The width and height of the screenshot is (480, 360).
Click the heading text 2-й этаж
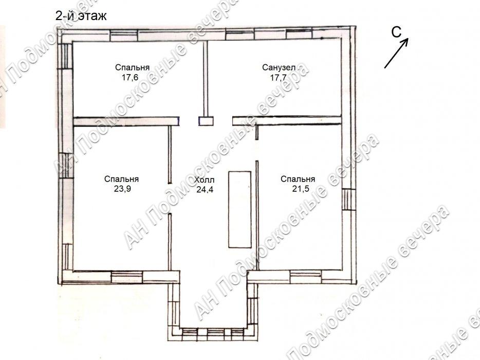(x=81, y=15)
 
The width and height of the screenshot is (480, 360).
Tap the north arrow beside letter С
(x=396, y=53)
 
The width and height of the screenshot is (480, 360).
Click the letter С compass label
(x=397, y=32)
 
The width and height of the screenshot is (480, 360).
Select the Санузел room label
(x=279, y=67)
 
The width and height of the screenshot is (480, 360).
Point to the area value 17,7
(x=278, y=78)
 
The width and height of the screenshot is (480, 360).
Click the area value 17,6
(x=130, y=78)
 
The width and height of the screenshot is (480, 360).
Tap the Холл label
(x=204, y=179)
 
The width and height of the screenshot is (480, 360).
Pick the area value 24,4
(x=205, y=190)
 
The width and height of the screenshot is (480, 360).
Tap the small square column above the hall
(x=206, y=121)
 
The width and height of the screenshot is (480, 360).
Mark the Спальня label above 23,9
(x=121, y=179)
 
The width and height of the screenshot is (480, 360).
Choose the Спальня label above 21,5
(x=298, y=179)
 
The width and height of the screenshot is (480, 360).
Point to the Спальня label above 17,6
(x=132, y=67)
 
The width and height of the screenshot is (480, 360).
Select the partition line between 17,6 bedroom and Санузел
(x=206, y=79)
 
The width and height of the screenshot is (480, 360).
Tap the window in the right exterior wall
(x=348, y=200)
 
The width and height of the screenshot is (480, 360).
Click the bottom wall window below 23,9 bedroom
(x=126, y=277)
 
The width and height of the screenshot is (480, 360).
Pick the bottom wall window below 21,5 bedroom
(x=306, y=277)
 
